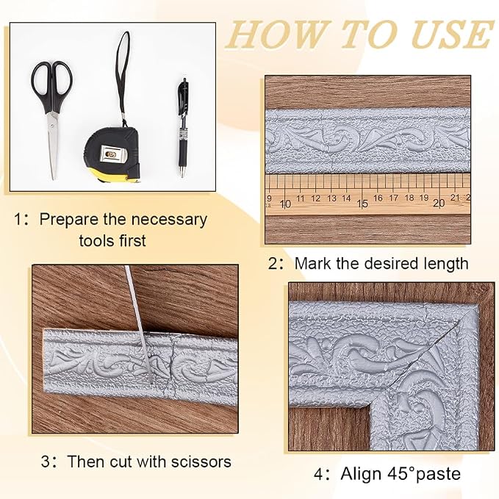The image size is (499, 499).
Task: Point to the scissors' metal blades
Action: click(x=54, y=145)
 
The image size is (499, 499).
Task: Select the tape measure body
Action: click(x=112, y=154)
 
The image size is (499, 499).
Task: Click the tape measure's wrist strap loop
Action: click(x=123, y=76)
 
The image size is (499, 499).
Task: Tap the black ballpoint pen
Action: click(x=183, y=127)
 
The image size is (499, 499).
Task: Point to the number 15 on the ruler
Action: click(x=362, y=204)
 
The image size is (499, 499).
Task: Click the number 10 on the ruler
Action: click(x=285, y=204)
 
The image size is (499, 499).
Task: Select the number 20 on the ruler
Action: click(x=439, y=203)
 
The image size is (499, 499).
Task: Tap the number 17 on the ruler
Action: click(x=393, y=198)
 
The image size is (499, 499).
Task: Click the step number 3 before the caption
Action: click(x=46, y=462)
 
